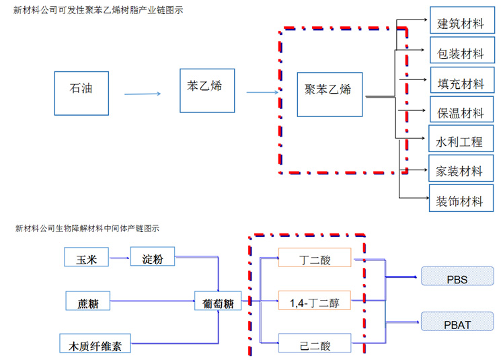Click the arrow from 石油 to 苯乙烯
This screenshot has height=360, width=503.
pos(143,94)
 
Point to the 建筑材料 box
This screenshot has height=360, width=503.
pos(461,24)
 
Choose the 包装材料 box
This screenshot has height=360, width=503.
pos(461,52)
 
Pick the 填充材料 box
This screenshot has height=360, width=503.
pos(461,83)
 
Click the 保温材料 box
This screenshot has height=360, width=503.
pos(461,112)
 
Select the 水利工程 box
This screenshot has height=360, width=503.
pos(459,141)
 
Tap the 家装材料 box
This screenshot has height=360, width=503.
pos(461,171)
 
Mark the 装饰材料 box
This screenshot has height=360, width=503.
pos(461,200)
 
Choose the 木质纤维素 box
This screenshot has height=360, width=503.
pos(95,345)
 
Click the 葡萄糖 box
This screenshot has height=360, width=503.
pos(218,302)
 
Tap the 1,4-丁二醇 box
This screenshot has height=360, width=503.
pos(315,302)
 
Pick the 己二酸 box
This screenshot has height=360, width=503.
pos(315,345)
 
